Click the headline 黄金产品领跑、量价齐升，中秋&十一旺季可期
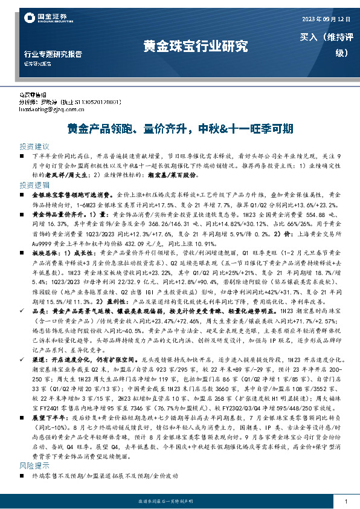click(179, 129)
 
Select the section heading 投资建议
click(34, 146)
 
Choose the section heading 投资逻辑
click(34, 185)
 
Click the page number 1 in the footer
click(344, 502)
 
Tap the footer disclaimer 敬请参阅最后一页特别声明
click(179, 502)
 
